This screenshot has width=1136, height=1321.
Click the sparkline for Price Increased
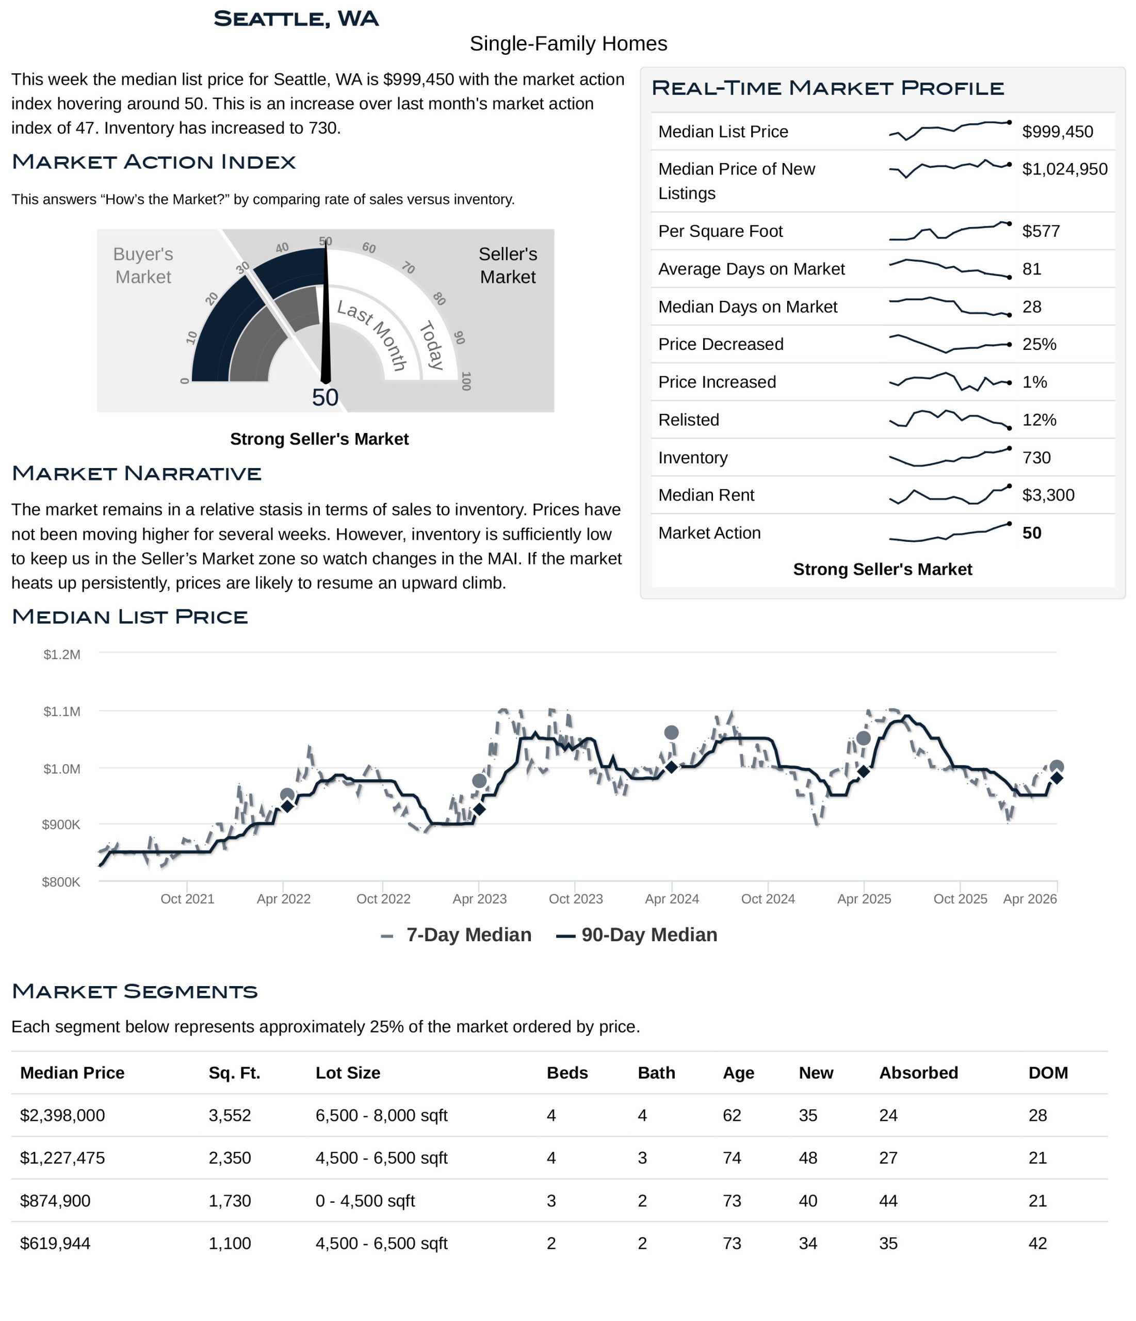(x=949, y=382)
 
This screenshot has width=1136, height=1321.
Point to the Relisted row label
(x=689, y=420)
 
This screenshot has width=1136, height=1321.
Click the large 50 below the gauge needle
(x=325, y=398)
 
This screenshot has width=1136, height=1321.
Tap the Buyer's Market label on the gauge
(x=143, y=265)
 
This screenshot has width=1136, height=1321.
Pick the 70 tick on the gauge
(x=408, y=268)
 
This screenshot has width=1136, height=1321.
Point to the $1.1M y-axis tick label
(x=62, y=712)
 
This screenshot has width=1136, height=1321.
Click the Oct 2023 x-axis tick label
(x=575, y=899)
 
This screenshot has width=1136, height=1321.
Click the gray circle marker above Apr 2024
(x=671, y=733)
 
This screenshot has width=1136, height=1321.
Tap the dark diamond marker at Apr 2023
(x=479, y=809)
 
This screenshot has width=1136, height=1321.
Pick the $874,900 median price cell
(x=56, y=1201)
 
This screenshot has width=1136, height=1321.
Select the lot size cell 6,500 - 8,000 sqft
(x=381, y=1116)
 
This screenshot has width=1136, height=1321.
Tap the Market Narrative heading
(x=136, y=474)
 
